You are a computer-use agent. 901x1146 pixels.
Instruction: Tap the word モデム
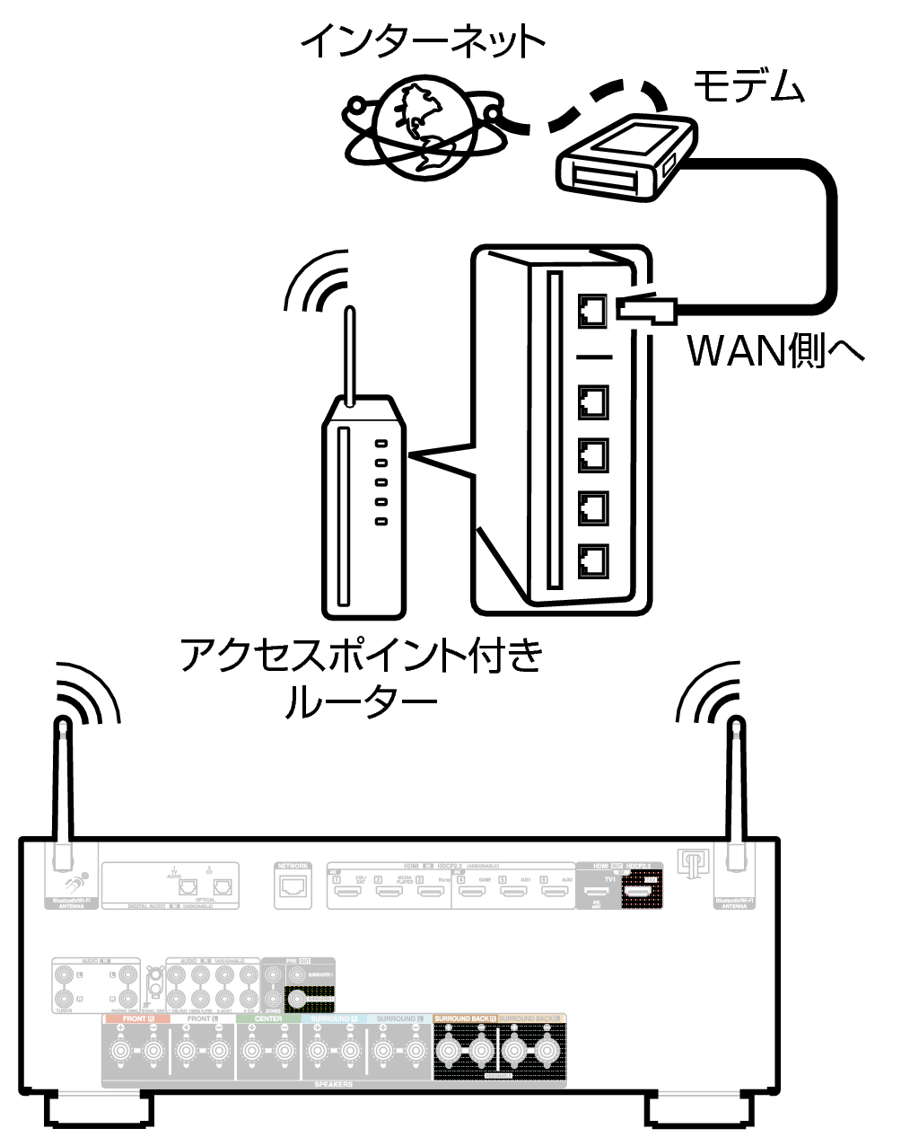[748, 86]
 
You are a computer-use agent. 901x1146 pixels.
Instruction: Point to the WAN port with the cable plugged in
[593, 311]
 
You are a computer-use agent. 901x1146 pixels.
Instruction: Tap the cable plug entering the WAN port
[646, 310]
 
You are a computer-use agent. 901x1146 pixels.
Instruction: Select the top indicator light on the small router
[382, 444]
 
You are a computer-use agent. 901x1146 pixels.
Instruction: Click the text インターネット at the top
[422, 40]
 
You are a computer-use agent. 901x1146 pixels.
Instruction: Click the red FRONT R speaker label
[135, 1019]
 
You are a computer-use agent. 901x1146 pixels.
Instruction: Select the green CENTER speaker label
[268, 1019]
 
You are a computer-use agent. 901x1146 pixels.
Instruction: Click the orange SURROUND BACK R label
[465, 1018]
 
